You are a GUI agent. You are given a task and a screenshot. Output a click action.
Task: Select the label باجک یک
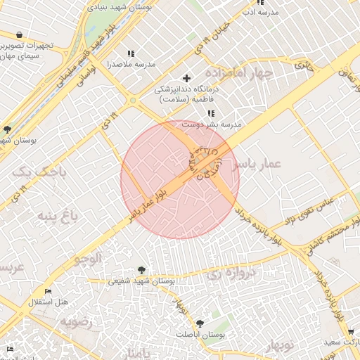[33, 171]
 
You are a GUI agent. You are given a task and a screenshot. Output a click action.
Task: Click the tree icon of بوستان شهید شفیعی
[142, 269]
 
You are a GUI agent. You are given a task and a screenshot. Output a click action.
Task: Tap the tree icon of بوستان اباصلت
[200, 324]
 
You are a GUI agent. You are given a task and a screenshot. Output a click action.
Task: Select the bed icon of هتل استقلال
[48, 291]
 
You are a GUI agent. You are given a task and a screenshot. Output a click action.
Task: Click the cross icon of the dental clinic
[186, 78]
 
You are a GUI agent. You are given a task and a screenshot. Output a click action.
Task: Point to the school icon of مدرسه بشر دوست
[211, 113]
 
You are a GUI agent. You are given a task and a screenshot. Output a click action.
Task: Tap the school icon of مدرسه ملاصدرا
[131, 53]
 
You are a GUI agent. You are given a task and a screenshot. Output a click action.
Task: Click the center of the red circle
[180, 179]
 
